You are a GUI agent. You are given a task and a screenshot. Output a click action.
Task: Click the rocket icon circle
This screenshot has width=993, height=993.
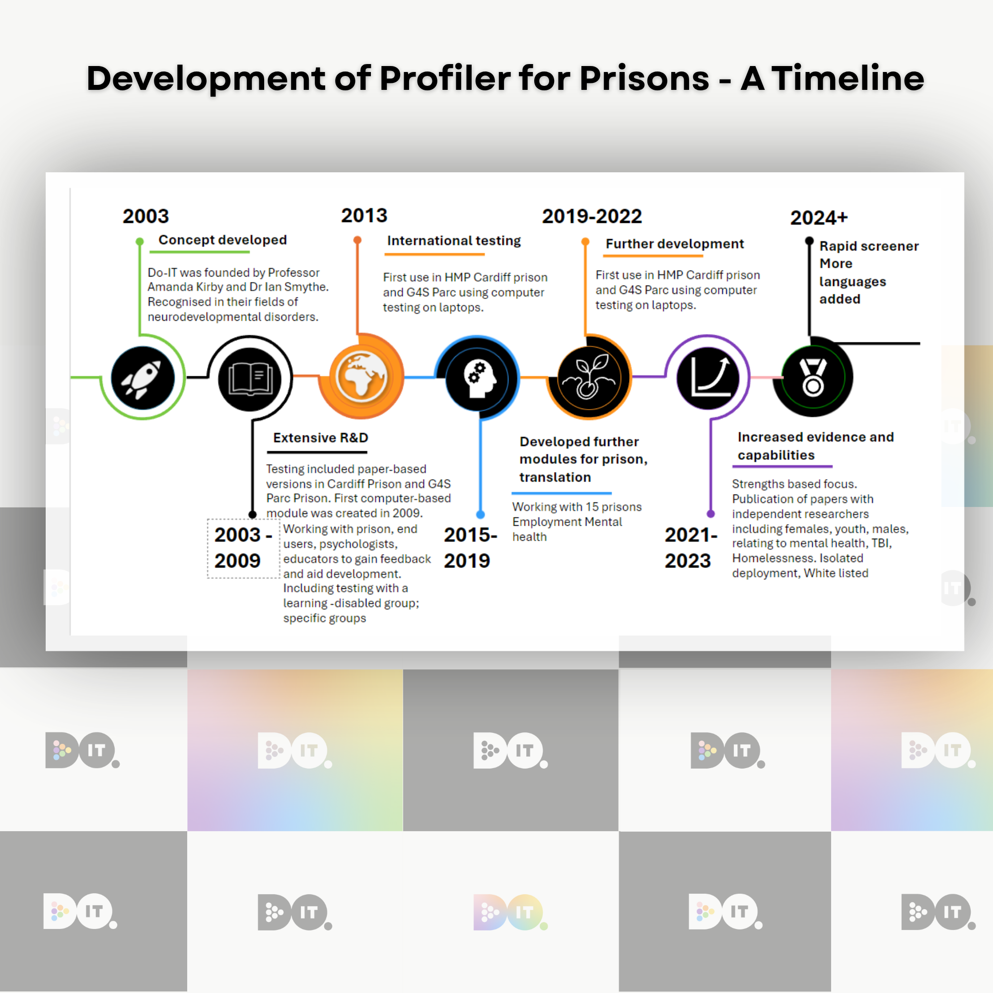pyautogui.click(x=143, y=378)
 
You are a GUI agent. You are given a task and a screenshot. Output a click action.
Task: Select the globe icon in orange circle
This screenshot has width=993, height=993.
pyautogui.click(x=361, y=377)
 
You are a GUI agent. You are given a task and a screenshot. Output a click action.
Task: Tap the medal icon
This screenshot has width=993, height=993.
pyautogui.click(x=813, y=378)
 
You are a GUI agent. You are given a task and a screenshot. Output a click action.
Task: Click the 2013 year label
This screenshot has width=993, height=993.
pyautogui.click(x=364, y=215)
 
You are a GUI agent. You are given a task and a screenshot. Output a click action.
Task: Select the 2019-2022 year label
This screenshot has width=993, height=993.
pyautogui.click(x=592, y=216)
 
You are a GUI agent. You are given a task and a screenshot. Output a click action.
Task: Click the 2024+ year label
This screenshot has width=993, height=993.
pyautogui.click(x=819, y=218)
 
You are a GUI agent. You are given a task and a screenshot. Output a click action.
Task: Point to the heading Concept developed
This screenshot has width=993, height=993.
pyautogui.click(x=222, y=240)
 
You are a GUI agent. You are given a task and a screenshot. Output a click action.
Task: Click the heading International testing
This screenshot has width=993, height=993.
pyautogui.click(x=454, y=240)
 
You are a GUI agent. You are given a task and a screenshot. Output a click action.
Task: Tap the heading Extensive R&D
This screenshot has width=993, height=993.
pyautogui.click(x=321, y=438)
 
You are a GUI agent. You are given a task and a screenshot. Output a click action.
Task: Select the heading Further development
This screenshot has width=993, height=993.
pyautogui.click(x=675, y=244)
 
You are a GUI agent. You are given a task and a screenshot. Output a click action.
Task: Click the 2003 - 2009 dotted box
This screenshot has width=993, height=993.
pyautogui.click(x=244, y=549)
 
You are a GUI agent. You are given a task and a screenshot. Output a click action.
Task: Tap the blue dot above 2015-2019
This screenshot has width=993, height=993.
pyautogui.click(x=481, y=514)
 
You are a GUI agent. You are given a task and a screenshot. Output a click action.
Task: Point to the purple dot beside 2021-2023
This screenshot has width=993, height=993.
pyautogui.click(x=711, y=513)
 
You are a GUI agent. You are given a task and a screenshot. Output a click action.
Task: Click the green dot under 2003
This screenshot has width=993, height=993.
pyautogui.click(x=140, y=242)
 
